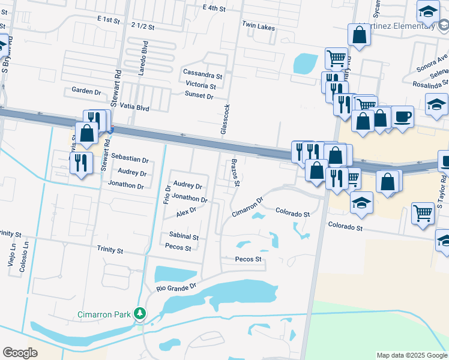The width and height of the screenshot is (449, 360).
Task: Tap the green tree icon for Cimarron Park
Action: coord(140,313)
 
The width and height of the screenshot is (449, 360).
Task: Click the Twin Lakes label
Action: coord(258,25)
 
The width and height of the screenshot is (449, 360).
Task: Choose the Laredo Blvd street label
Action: coord(143,58)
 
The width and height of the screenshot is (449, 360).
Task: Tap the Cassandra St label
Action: coord(203,76)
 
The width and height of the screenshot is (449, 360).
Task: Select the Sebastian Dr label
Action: coord(130,160)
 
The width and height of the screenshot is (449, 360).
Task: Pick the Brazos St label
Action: coord(235,173)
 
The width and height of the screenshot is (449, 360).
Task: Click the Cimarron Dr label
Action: coord(248,208)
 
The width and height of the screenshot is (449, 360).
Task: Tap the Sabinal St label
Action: coord(184,237)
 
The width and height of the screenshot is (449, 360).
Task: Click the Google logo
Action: coord(20,353)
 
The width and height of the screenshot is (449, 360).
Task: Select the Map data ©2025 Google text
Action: coord(411,355)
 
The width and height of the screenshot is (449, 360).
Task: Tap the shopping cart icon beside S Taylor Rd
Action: coord(423,212)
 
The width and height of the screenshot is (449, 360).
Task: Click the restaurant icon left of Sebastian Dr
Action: coord(80,163)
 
